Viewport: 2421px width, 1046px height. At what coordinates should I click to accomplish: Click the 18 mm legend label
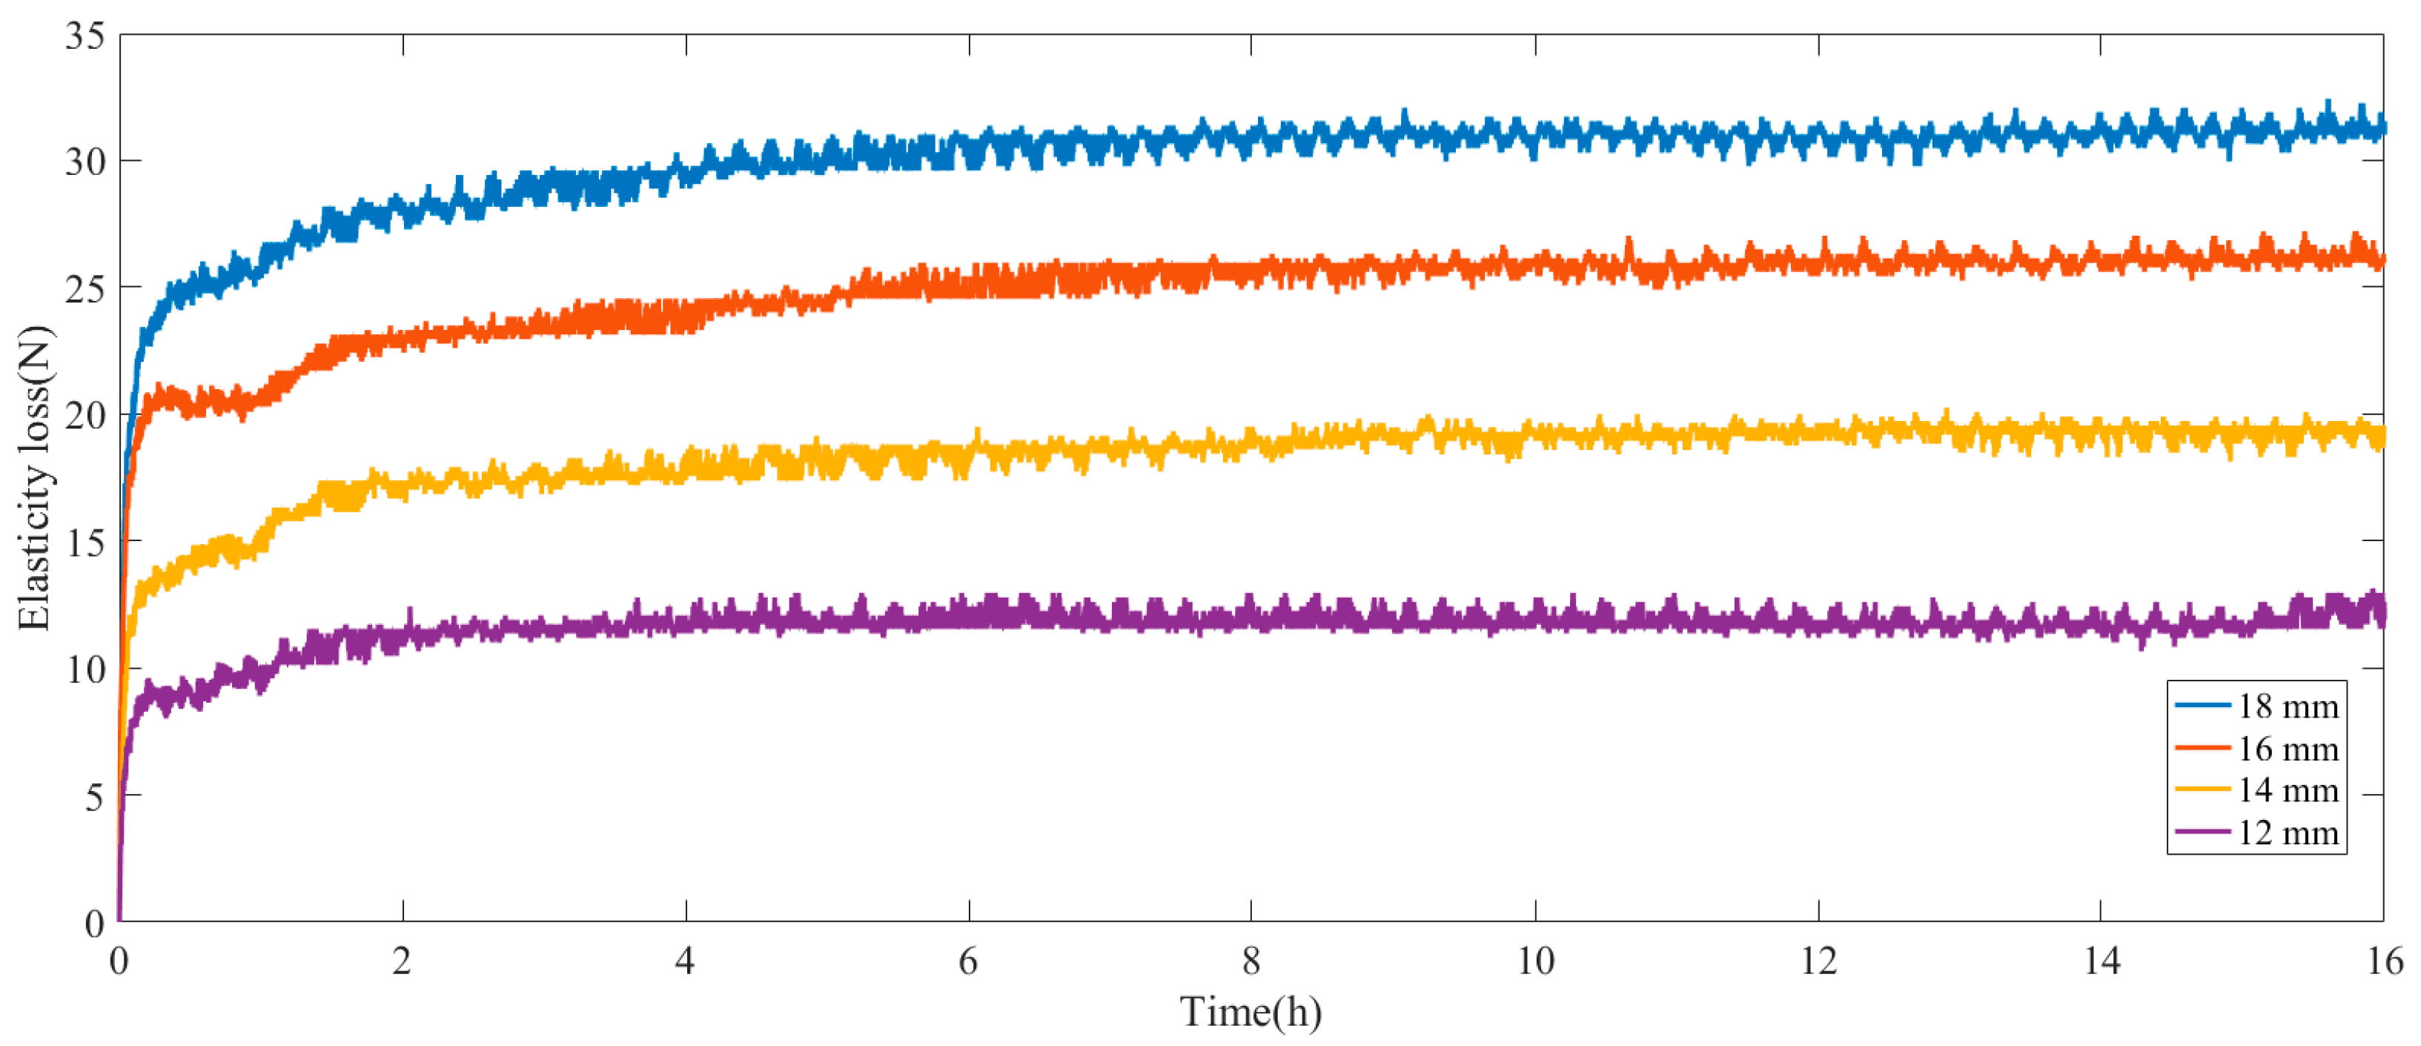(2287, 706)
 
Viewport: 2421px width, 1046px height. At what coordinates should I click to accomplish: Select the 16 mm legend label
(2287, 749)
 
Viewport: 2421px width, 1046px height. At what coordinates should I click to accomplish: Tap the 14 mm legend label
(2287, 790)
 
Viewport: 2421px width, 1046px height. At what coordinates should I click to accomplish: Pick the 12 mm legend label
(2287, 833)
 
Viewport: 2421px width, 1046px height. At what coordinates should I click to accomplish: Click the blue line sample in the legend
(2202, 705)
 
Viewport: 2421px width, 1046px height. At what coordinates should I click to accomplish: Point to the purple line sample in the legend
(2202, 832)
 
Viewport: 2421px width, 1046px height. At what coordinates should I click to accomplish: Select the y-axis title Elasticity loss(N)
(35, 477)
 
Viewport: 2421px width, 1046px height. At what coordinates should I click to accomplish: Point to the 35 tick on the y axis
(85, 36)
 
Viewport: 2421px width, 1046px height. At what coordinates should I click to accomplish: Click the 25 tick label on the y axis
(85, 289)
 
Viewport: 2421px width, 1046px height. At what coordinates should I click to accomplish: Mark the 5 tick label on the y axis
(94, 797)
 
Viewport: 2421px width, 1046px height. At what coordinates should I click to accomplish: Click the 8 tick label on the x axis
(1251, 961)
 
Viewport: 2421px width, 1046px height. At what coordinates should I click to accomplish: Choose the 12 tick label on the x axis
(1818, 961)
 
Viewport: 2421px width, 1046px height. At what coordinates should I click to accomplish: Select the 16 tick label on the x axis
(2383, 961)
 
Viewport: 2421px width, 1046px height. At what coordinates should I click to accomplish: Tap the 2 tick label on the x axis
(403, 961)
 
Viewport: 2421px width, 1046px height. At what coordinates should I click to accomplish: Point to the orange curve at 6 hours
(969, 280)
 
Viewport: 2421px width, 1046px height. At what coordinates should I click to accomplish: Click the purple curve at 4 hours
(686, 618)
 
